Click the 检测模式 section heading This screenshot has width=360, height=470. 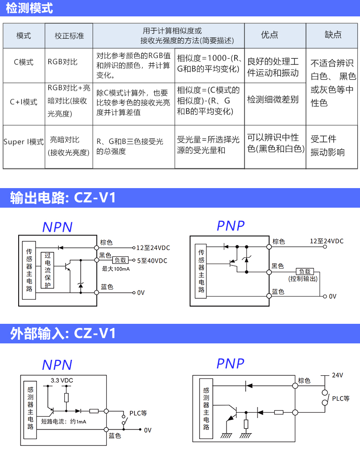click(29, 8)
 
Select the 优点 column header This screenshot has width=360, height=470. click(269, 35)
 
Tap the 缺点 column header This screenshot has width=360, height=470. click(333, 35)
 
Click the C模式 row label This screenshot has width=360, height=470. click(23, 62)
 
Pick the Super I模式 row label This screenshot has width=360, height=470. click(23, 142)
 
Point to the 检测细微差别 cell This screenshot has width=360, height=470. click(273, 99)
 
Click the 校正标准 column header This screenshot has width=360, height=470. click(69, 36)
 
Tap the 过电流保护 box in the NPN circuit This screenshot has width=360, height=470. click(47, 270)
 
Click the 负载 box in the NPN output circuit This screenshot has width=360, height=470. click(120, 260)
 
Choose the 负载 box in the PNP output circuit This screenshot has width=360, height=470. click(304, 271)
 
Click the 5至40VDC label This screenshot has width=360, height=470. click(152, 261)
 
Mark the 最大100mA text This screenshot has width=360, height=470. click(116, 269)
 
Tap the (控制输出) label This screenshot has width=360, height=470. click(303, 279)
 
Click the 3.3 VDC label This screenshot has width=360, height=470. click(62, 380)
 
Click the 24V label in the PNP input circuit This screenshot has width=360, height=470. click(337, 375)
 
